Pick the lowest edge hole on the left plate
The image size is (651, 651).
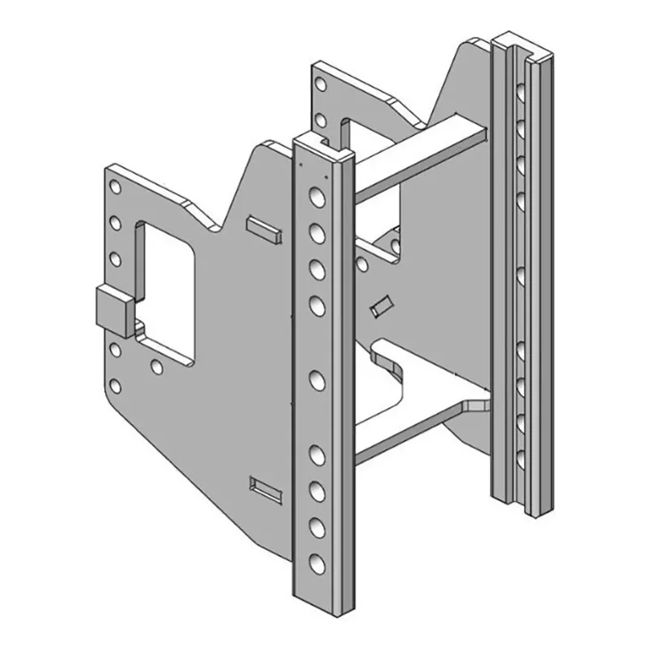pyautogui.click(x=116, y=386)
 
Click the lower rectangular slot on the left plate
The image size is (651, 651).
pyautogui.click(x=267, y=488)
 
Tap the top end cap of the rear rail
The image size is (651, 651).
pyautogui.click(x=521, y=41)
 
